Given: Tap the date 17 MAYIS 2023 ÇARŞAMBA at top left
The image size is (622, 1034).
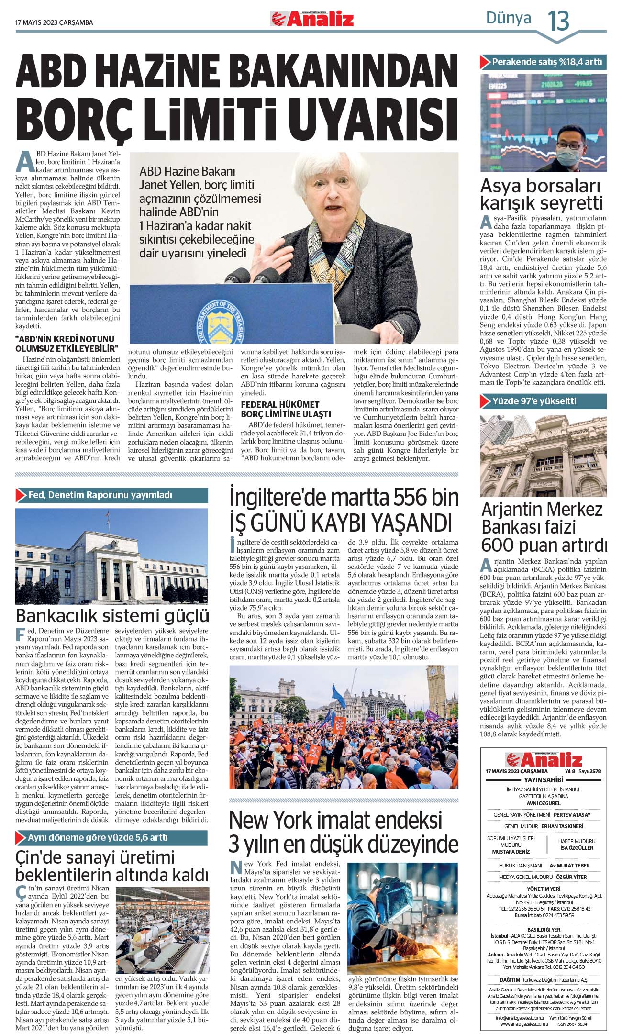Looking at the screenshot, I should pyautogui.click(x=54, y=22).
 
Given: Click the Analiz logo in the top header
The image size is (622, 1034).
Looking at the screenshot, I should pyautogui.click(x=312, y=19).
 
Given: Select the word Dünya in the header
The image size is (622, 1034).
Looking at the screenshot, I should pyautogui.click(x=508, y=18).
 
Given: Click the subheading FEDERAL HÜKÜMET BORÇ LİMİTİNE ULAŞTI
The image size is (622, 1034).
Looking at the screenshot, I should pyautogui.click(x=286, y=409).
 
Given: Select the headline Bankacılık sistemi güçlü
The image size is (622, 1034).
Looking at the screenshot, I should pyautogui.click(x=112, y=615).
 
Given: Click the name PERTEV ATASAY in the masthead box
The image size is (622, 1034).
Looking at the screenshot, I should pyautogui.click(x=572, y=814).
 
